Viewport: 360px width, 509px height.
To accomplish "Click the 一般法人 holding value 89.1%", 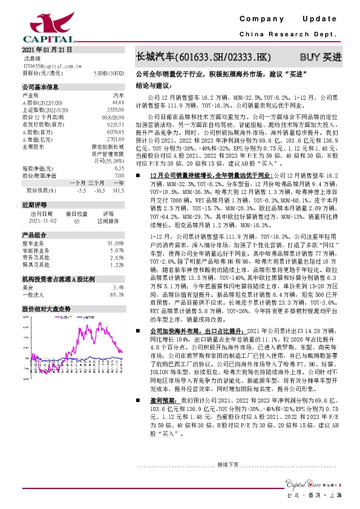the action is pos(116,294).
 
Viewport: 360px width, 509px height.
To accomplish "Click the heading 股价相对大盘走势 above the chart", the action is pos(47,308).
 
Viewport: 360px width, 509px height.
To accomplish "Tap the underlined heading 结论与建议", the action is pos(151,86).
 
